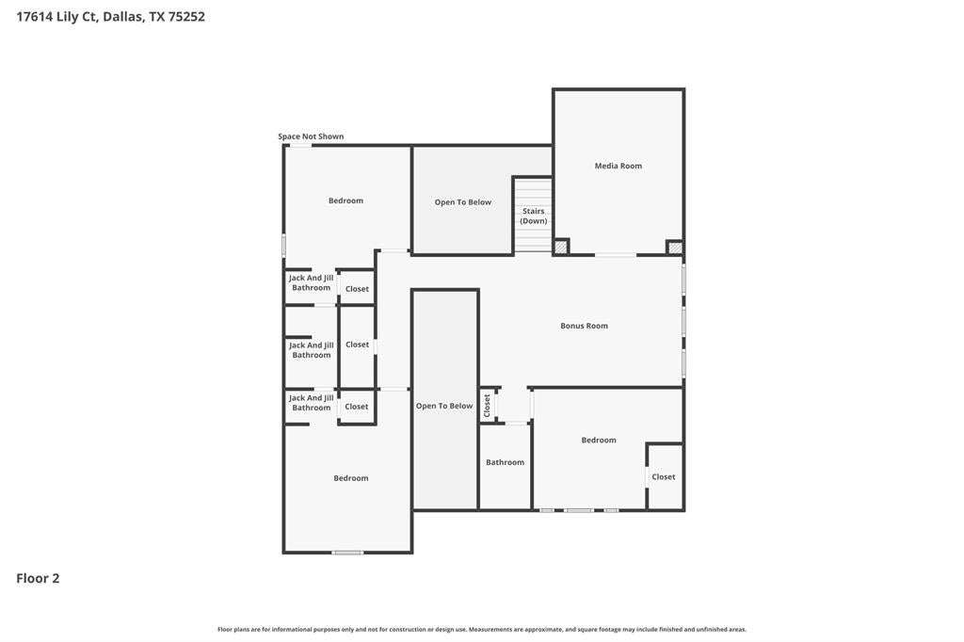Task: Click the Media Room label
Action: pos(618,166)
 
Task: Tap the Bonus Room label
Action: pos(584,326)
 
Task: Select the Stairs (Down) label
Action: pos(534,216)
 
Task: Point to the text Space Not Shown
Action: pos(311,136)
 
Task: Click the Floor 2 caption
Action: pos(38,578)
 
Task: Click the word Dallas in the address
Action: pos(123,17)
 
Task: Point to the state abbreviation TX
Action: pos(156,17)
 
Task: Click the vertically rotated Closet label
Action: pos(487,406)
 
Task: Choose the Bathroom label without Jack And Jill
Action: pos(505,462)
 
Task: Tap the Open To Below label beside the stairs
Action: pos(463,202)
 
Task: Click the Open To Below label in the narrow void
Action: pos(444,406)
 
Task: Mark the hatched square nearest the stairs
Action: pos(560,248)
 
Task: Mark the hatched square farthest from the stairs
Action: pos(674,248)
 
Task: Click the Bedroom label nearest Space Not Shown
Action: pos(345,201)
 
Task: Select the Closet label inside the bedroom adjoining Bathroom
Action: pos(664,476)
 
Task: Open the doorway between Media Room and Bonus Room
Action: pos(616,254)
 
